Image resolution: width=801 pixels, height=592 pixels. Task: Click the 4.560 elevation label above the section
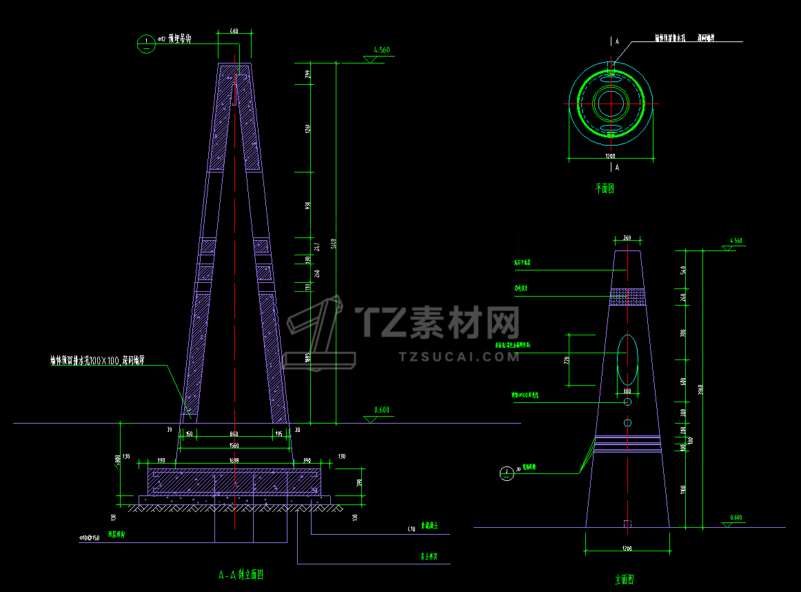381,50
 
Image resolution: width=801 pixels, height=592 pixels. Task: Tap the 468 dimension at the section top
234,31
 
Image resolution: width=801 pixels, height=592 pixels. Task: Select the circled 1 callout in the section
146,43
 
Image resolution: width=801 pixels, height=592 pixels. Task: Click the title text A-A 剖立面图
241,574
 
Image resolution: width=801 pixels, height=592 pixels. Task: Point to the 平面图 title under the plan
605,188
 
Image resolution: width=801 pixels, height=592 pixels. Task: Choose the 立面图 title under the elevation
628,580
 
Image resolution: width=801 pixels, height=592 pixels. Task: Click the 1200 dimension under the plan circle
610,157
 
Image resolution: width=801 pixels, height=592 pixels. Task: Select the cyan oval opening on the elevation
627,359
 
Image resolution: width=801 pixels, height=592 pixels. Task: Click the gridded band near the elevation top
627,295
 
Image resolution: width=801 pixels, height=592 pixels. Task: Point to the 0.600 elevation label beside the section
381,410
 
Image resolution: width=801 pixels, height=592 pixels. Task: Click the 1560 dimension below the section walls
234,445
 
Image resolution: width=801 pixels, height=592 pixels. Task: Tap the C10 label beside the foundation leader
412,529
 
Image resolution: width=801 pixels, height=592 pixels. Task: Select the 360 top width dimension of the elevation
627,238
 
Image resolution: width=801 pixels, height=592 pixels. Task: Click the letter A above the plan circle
617,41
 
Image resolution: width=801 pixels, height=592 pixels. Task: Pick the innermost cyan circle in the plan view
610,103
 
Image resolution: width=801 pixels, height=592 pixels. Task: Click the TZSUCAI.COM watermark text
459,357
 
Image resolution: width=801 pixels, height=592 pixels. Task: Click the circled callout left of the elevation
507,473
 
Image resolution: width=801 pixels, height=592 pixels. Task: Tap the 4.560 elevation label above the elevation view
736,241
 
